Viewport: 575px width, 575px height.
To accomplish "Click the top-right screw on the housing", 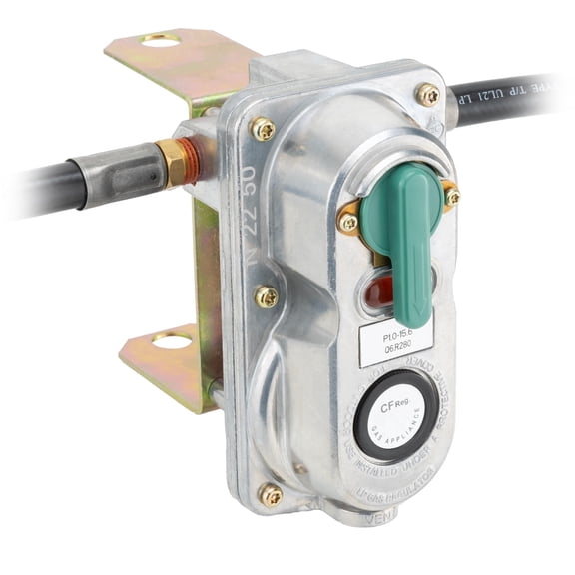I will click(427, 95).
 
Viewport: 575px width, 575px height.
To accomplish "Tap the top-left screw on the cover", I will click(264, 128).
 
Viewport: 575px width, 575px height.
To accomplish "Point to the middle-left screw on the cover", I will click(266, 296).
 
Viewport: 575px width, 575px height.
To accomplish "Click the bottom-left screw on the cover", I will click(270, 493).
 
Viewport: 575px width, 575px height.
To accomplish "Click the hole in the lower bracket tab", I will click(171, 341).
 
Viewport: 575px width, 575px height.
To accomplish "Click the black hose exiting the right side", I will click(499, 100).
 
